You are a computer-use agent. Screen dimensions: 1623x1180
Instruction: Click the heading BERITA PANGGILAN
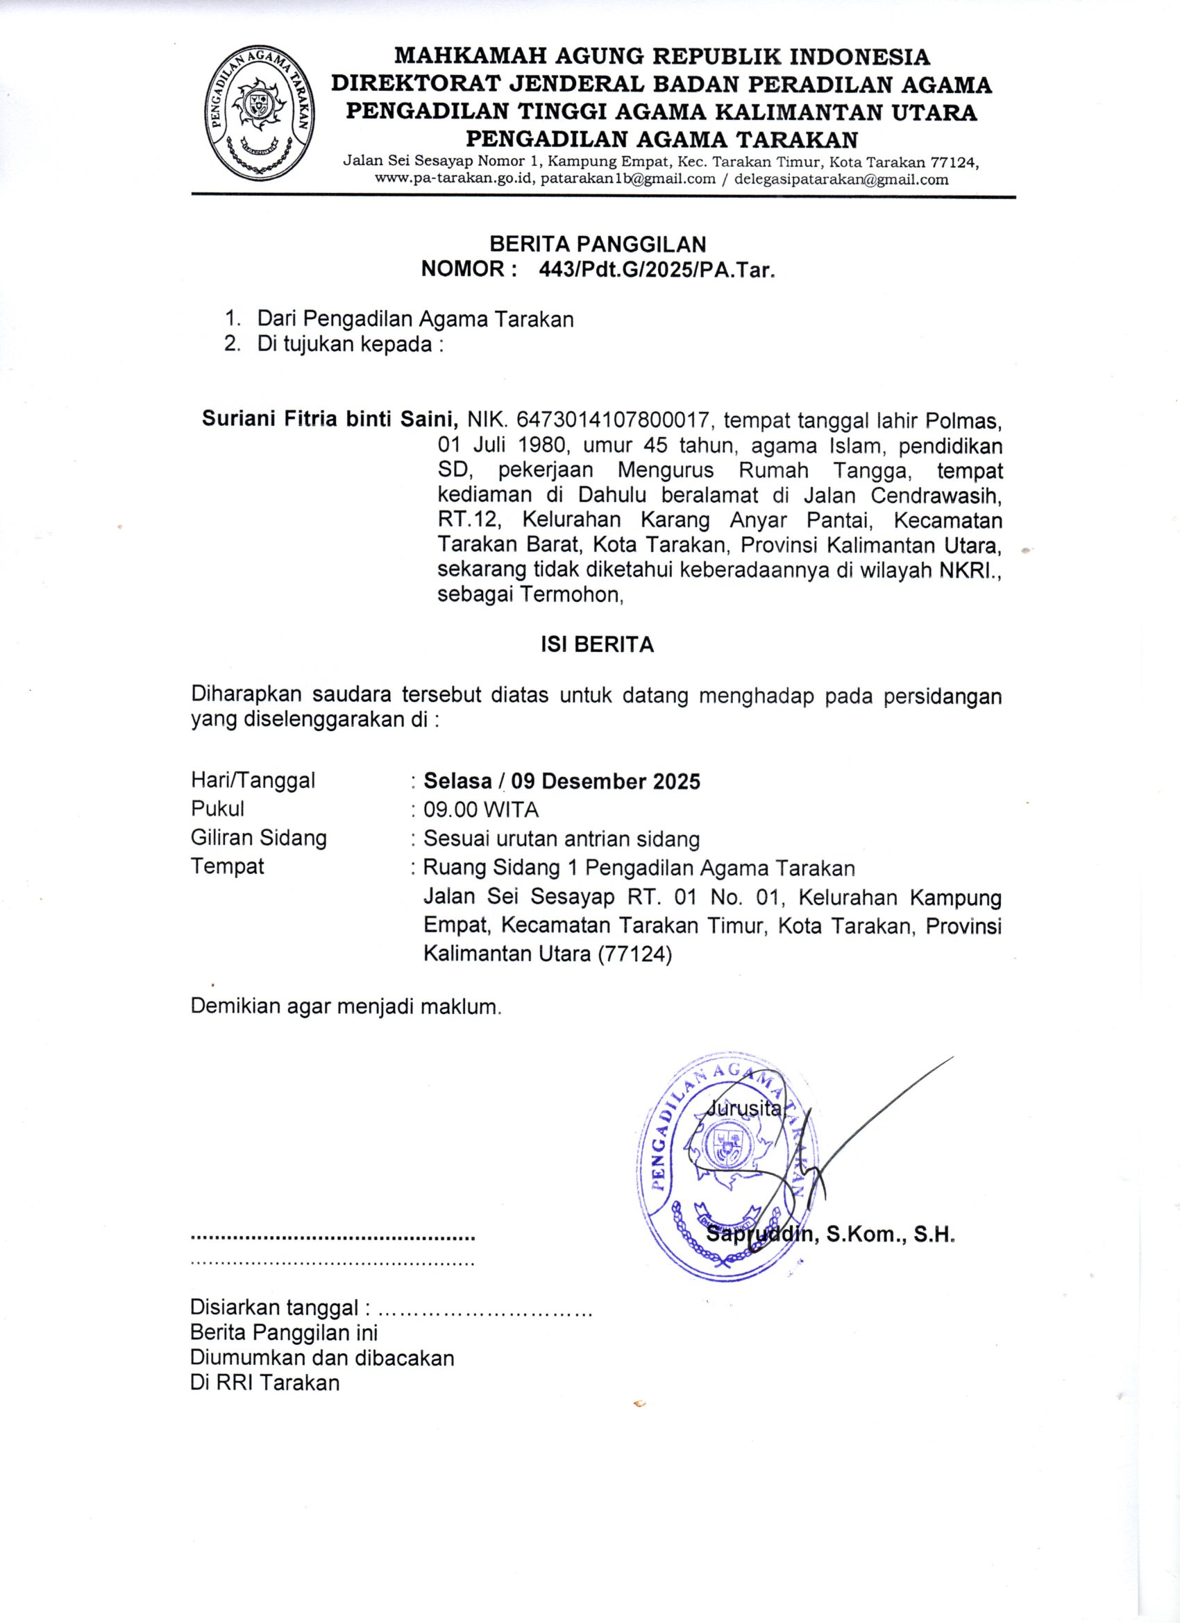click(x=597, y=244)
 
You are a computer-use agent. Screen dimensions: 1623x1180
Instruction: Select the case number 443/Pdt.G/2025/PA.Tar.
click(x=657, y=270)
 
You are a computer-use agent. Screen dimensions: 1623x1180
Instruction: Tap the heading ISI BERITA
click(x=596, y=645)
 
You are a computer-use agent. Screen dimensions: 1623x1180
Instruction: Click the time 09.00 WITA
click(x=480, y=809)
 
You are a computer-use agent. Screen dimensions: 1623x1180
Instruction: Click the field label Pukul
click(x=217, y=809)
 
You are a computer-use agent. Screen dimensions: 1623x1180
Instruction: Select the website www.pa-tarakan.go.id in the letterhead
click(x=455, y=179)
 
